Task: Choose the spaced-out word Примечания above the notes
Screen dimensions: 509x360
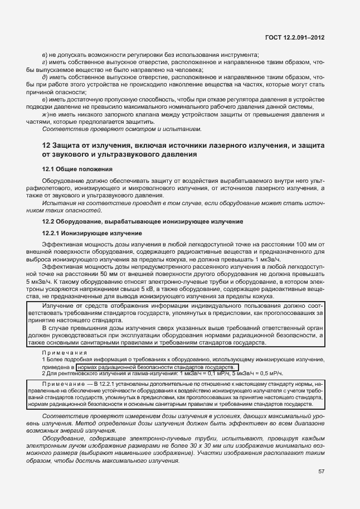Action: pyautogui.click(x=65, y=353)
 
